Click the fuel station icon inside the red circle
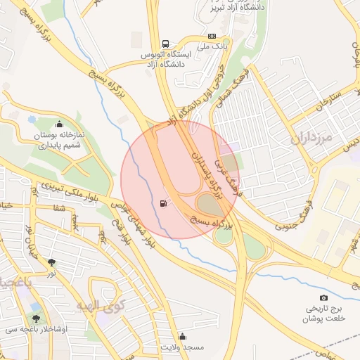[x=164, y=204]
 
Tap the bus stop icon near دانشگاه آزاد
[x=165, y=43]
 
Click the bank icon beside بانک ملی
[x=212, y=36]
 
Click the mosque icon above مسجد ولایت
[x=183, y=336]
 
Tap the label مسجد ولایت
[x=182, y=347]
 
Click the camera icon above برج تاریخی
[x=323, y=298]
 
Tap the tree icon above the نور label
[x=52, y=261]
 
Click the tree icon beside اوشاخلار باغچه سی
[x=36, y=318]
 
